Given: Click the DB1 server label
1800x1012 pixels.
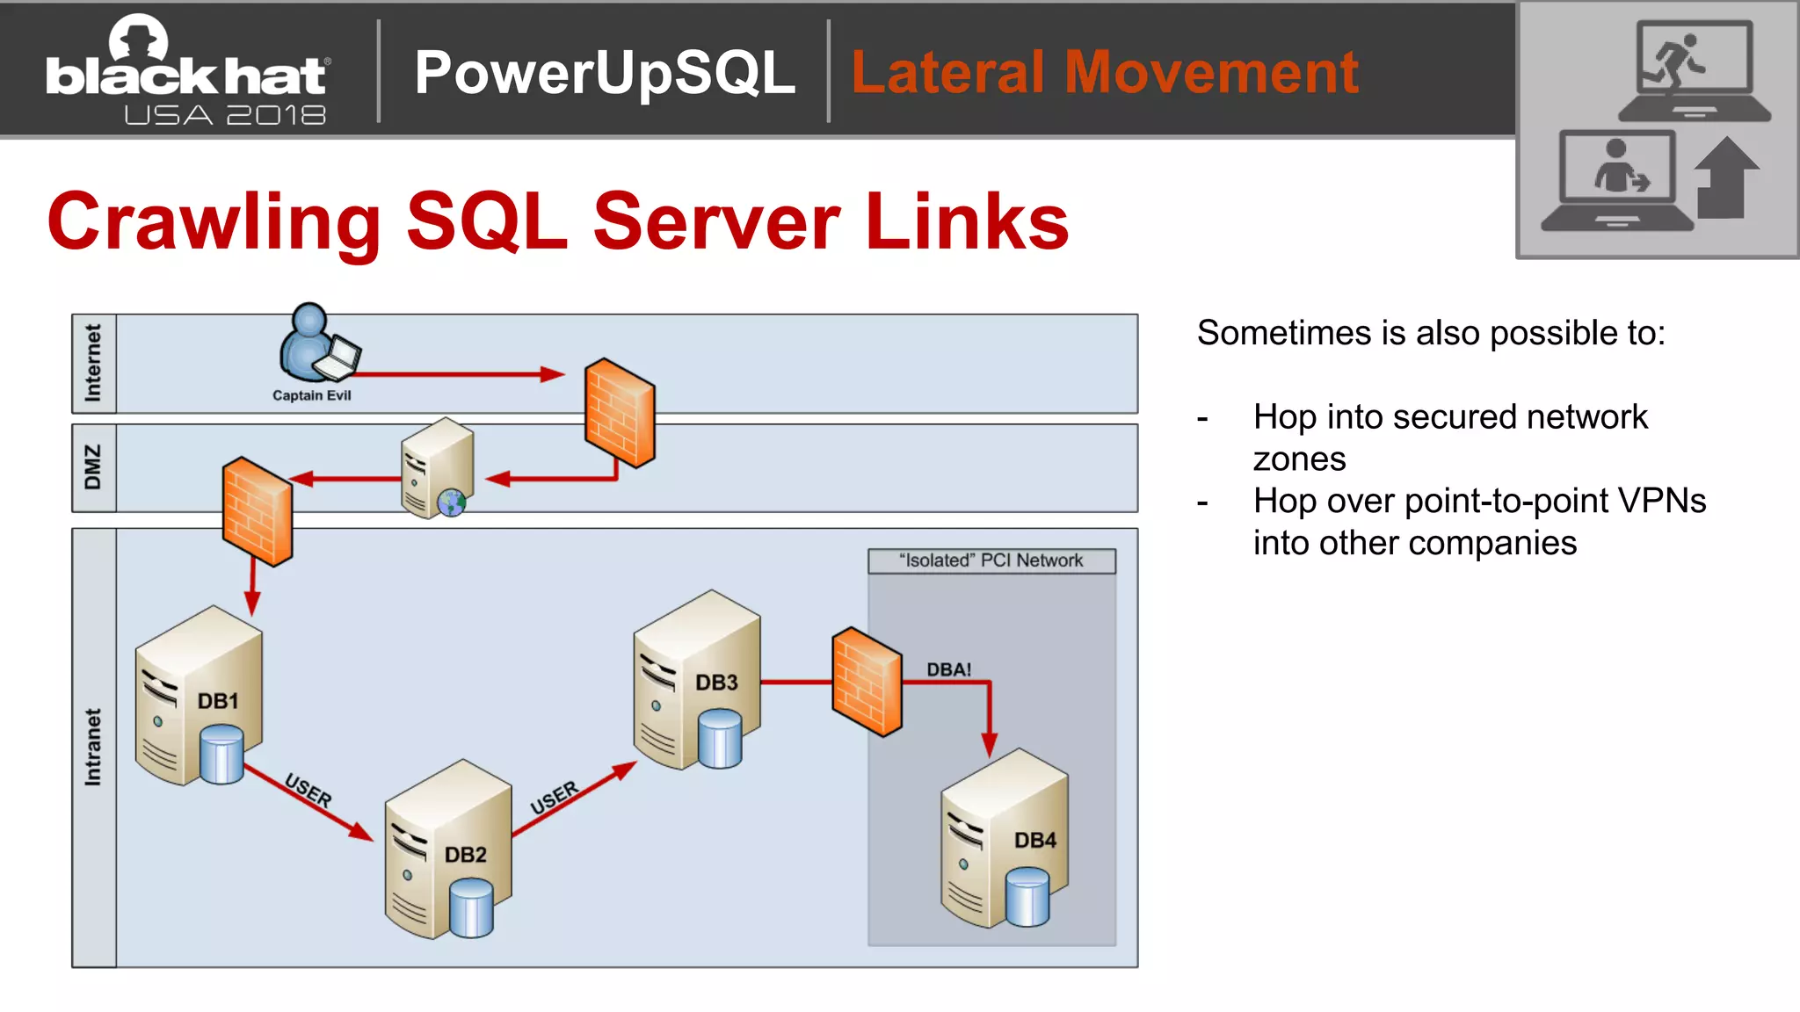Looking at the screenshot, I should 218,701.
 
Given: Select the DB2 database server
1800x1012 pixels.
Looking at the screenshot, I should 448,850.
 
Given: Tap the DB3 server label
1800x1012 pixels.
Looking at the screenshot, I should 716,683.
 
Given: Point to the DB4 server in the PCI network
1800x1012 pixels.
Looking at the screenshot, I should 1004,839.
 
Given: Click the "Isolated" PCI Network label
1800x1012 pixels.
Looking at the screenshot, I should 991,560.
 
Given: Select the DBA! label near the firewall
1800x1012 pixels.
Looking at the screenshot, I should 948,669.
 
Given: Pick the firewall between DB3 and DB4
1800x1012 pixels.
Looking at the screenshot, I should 867,682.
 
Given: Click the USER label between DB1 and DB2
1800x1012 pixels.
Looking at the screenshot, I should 308,790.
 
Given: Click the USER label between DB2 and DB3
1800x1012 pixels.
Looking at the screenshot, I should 555,798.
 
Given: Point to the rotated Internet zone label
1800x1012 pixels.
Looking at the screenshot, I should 93,363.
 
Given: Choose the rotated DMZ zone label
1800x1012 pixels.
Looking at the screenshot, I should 93,467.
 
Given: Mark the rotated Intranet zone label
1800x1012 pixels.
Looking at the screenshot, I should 93,747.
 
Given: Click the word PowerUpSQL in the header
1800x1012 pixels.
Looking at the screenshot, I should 605,72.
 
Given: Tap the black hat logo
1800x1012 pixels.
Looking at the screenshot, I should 187,70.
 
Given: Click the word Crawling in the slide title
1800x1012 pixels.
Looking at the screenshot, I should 214,221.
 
